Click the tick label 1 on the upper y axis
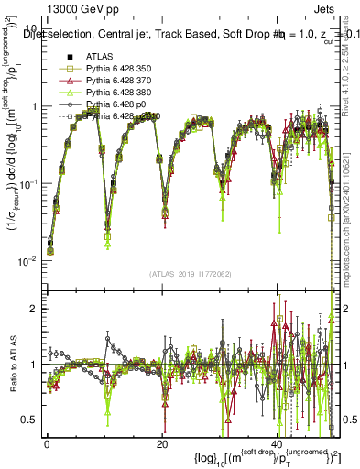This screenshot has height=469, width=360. [x=34, y=107]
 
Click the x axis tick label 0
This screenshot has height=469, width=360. [x=47, y=442]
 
